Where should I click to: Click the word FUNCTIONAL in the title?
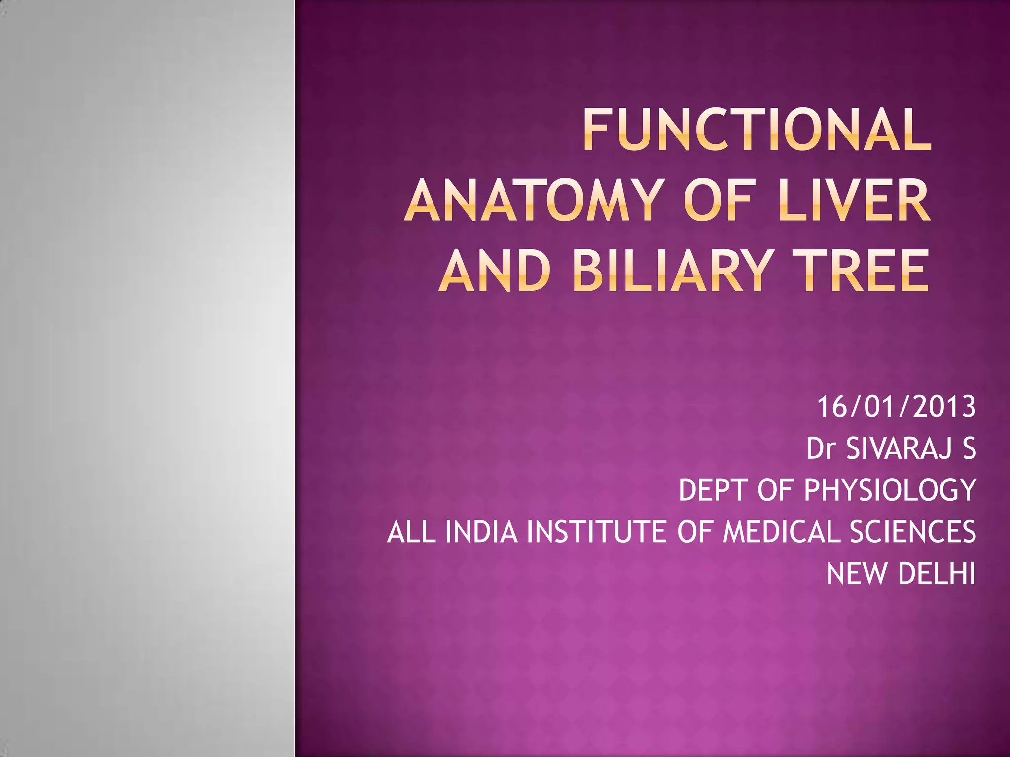click(x=757, y=131)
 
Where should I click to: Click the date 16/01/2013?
click(x=896, y=407)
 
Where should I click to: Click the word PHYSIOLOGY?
click(x=890, y=490)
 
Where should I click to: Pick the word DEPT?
click(x=715, y=490)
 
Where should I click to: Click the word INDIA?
click(x=482, y=532)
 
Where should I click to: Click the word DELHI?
click(x=937, y=574)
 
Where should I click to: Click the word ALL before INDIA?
click(x=411, y=532)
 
